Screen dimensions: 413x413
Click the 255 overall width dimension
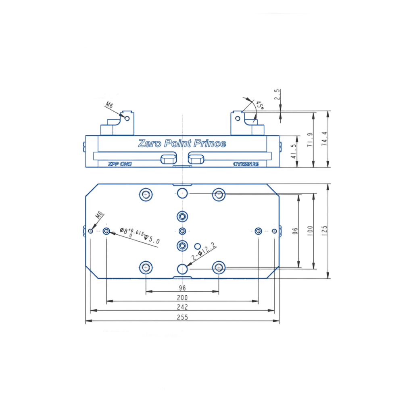(x=182, y=317)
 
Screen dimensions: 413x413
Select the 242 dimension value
(x=182, y=307)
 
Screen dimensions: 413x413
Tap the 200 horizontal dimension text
(x=182, y=298)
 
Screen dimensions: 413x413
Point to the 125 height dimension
(x=324, y=230)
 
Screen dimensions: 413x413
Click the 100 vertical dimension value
(x=310, y=230)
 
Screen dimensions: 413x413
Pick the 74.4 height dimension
(x=324, y=139)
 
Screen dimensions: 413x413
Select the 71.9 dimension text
(x=310, y=140)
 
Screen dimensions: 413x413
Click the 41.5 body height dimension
(x=294, y=151)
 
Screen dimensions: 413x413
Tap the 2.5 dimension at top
(x=277, y=94)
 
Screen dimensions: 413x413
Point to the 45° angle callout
(x=260, y=105)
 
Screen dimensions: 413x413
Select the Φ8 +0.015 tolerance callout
(x=140, y=236)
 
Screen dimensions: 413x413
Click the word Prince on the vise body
(x=210, y=143)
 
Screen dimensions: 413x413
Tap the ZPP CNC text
(x=120, y=164)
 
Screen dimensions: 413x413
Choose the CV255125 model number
(x=246, y=164)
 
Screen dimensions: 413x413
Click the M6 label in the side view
(x=109, y=105)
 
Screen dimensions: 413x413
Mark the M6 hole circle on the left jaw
(x=127, y=119)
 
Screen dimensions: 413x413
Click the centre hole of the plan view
(x=182, y=231)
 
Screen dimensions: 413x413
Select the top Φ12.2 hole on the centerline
(x=182, y=193)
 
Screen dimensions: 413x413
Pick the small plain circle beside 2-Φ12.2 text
(x=198, y=246)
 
